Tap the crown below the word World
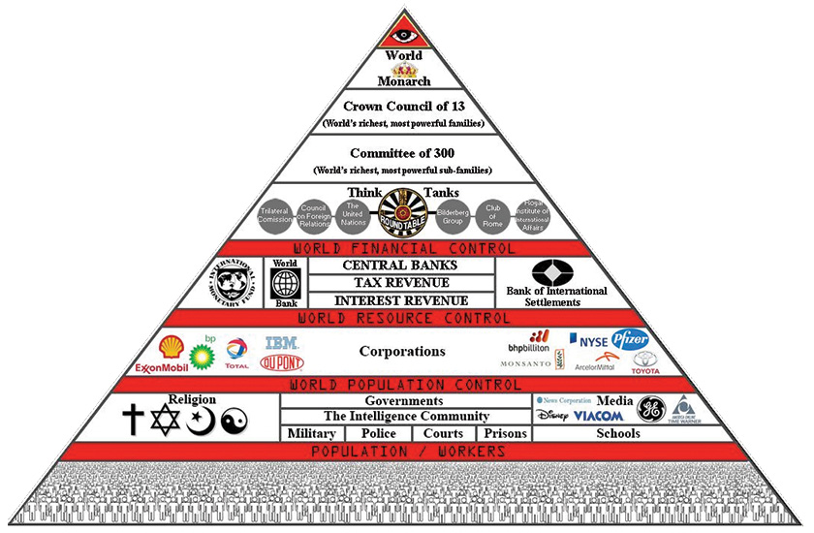(404, 70)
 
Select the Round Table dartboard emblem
(404, 211)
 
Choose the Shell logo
(172, 346)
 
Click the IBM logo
(281, 343)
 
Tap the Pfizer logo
(630, 339)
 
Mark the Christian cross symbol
(134, 420)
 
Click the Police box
(378, 433)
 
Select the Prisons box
(505, 433)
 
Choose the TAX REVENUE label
(400, 282)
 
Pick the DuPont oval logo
(281, 363)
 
